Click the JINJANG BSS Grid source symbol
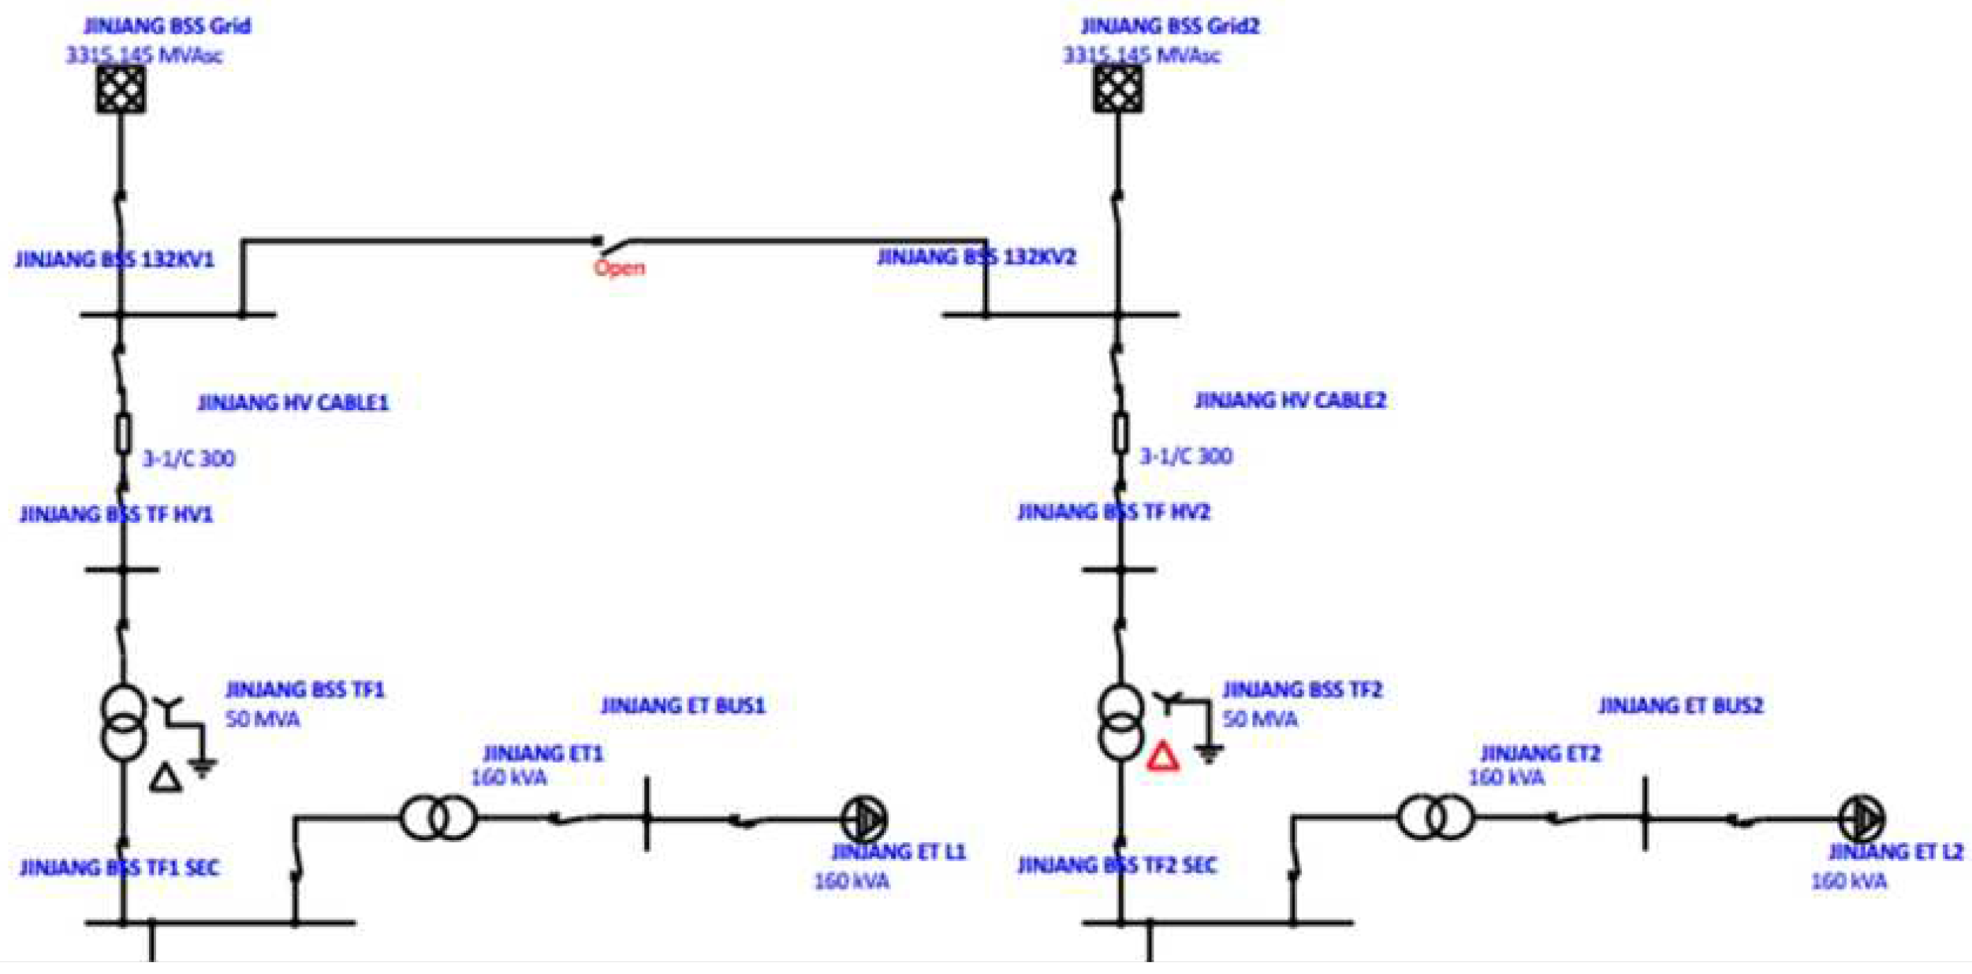[121, 89]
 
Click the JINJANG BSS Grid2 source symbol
[1118, 89]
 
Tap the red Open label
[619, 267]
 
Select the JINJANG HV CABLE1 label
[293, 403]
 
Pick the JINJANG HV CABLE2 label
[1290, 401]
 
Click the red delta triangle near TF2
[1163, 757]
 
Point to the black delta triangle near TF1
[166, 778]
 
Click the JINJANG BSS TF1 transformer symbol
[124, 722]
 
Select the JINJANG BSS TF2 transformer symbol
[1120, 722]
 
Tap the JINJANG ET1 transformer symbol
[438, 818]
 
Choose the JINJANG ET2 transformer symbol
[1435, 818]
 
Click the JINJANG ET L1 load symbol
[865, 819]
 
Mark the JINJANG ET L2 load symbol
[1862, 819]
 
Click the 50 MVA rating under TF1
[263, 719]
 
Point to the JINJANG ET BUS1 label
[683, 705]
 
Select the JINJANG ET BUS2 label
[1680, 705]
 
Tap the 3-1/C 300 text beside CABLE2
[1186, 456]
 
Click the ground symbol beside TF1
[203, 767]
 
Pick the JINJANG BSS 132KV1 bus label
[114, 259]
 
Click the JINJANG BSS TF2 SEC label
[1117, 865]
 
